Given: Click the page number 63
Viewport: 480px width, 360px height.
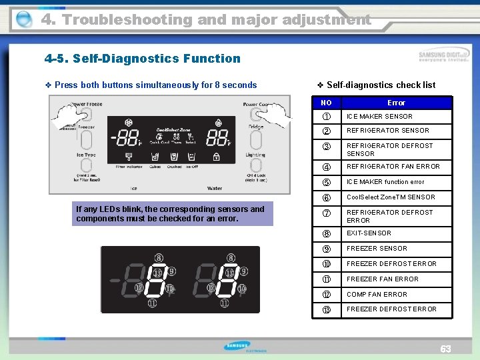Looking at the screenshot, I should coord(445,349).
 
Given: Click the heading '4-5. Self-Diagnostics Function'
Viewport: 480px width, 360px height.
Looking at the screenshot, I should coord(142,59).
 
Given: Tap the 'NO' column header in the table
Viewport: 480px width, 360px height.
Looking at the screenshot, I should coord(326,103).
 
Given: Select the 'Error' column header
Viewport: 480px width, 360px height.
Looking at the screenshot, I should coord(396,103).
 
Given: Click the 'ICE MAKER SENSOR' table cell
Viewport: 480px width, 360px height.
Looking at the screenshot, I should coord(379,117).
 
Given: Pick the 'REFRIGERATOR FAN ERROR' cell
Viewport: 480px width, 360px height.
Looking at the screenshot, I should coord(393,167).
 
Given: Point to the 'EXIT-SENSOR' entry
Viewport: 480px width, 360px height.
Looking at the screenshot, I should coord(369,233).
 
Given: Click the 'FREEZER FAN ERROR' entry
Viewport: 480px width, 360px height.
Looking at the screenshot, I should coord(382,279).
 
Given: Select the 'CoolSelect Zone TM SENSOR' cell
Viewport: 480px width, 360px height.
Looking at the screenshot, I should coord(391,197).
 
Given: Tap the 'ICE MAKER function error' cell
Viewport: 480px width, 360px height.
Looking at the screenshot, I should coord(385,182).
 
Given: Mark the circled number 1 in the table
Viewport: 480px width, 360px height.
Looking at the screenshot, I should coord(326,117).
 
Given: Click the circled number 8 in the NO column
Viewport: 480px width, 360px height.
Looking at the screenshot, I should coord(326,233).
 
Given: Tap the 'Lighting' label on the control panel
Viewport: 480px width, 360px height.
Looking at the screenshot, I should coord(255,155).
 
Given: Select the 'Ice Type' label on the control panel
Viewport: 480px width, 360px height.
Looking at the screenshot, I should coord(85,155).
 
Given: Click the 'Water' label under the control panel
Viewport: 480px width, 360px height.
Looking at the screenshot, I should coord(214,189).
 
